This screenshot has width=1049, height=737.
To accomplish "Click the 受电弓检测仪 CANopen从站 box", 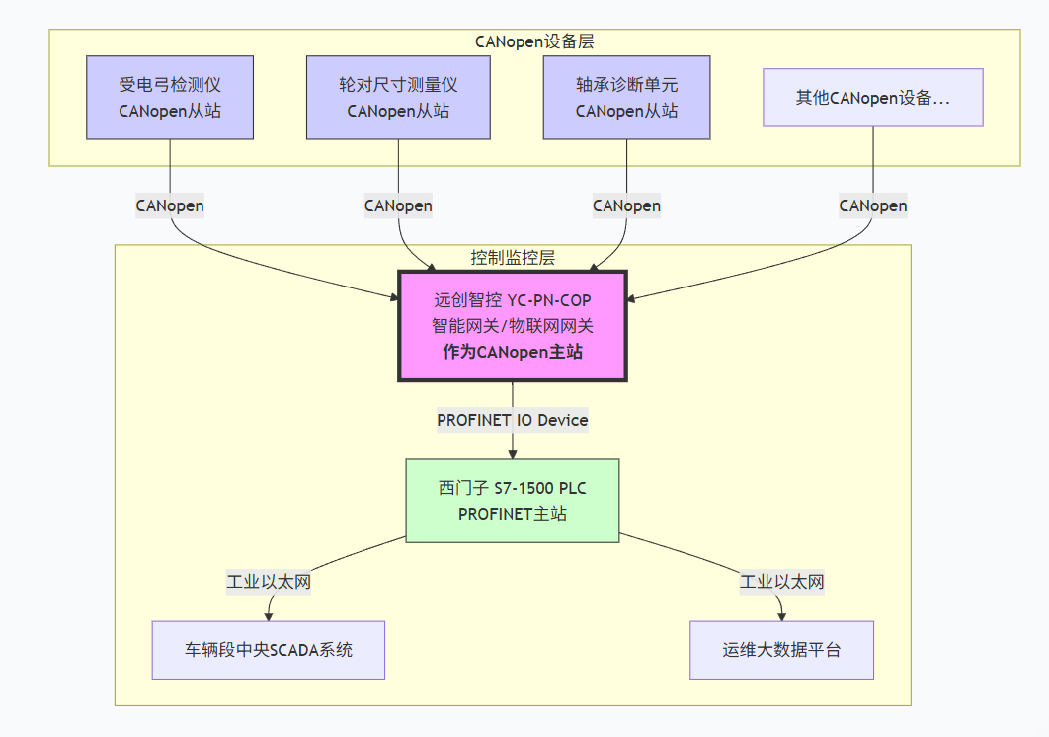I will (170, 97).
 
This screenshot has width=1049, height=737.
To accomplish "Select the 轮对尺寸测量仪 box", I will (398, 97).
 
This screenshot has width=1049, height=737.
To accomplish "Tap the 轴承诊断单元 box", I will (626, 97).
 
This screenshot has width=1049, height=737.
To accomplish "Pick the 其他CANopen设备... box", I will (873, 98).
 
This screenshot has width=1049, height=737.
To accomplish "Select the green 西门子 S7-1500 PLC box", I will (512, 501).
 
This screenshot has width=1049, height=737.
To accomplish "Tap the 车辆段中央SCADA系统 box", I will (268, 650).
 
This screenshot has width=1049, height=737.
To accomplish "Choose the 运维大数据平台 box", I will (781, 650).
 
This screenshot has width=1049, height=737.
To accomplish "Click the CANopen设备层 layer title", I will (534, 41).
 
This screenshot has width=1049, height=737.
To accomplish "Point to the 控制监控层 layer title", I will (513, 258).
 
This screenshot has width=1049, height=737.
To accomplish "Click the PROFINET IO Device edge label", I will (512, 420).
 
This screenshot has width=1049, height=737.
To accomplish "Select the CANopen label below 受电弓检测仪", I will (170, 205).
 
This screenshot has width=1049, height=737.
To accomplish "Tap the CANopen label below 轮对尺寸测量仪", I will (398, 205).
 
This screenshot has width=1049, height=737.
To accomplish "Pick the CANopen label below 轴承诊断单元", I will (626, 205).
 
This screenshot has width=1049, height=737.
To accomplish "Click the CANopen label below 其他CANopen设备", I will (873, 205).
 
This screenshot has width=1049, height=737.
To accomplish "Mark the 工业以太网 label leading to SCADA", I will (269, 582).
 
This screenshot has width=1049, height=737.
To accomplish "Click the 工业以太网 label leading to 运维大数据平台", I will (781, 582).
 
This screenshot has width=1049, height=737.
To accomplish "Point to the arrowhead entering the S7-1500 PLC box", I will (512, 453).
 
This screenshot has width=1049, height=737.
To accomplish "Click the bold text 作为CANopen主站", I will (512, 352).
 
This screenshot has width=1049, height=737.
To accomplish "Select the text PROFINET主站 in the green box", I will (512, 514).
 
